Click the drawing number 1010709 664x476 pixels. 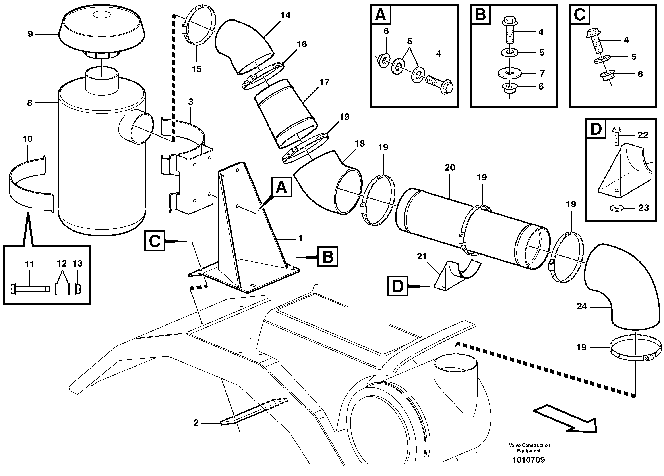pos(528,460)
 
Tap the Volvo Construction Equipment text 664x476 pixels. pos(529,448)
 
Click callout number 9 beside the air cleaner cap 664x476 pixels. pos(31,34)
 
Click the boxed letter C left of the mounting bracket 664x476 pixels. pos(155,241)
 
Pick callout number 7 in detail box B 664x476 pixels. pos(542,73)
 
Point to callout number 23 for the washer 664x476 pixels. pos(643,208)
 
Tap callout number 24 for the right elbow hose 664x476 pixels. pos(582,306)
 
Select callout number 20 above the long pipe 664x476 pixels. pos(450,168)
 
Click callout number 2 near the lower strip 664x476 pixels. pos(196,422)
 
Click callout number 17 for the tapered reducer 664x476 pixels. pos(324,82)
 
